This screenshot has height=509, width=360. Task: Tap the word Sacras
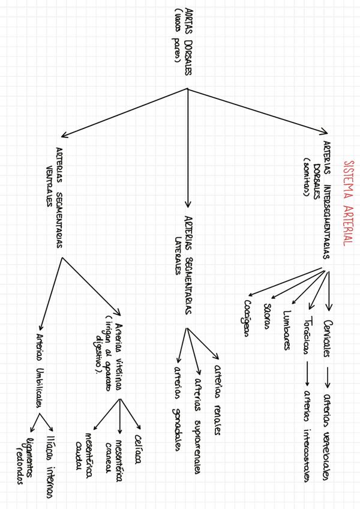tap(266, 316)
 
